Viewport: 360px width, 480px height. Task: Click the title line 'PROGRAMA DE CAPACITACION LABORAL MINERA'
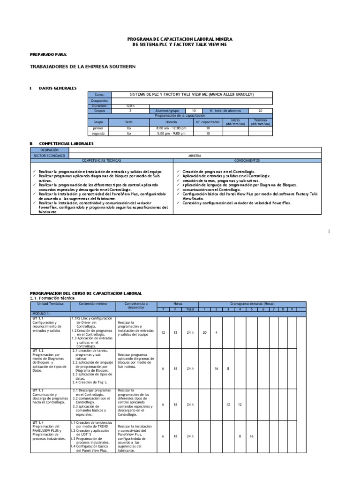pos(180,39)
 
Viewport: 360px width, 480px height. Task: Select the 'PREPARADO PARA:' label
pos(48,55)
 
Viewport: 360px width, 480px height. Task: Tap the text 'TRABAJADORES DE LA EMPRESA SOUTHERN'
pos(82,67)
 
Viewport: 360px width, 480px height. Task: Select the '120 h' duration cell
pos(130,106)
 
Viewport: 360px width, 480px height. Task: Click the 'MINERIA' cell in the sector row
pos(195,155)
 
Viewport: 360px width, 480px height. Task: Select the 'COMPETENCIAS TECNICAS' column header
pos(101,160)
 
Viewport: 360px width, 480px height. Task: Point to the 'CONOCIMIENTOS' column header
pos(247,160)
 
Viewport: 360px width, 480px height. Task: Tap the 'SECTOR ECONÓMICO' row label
pos(49,155)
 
